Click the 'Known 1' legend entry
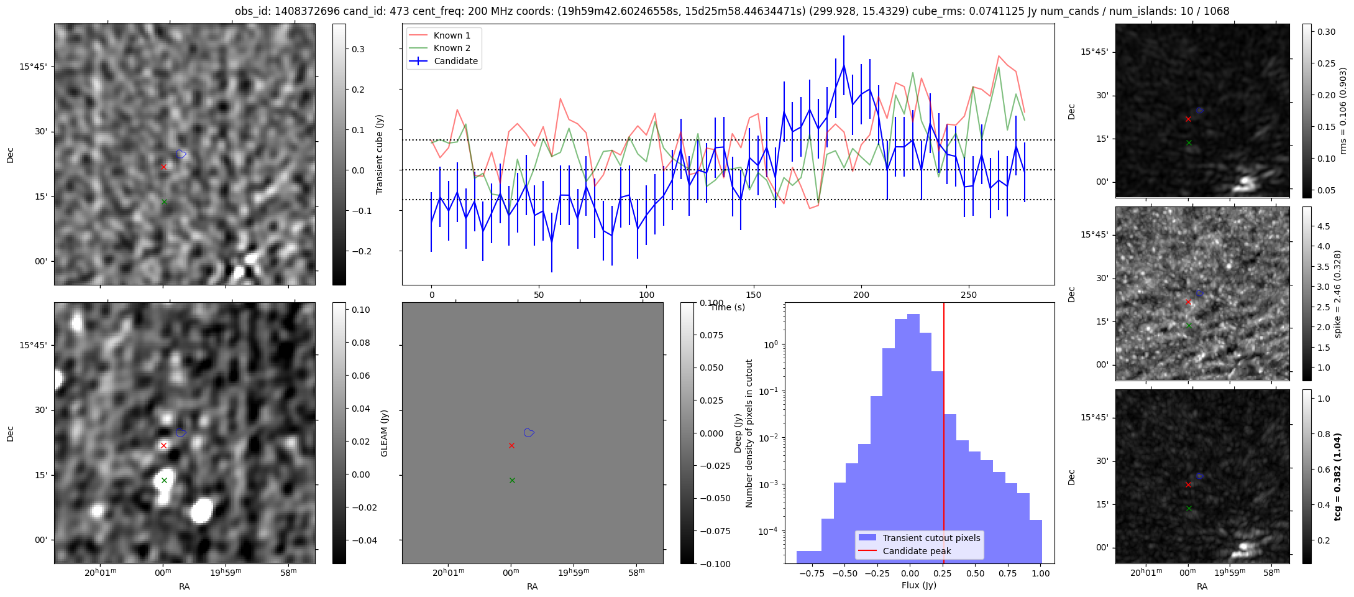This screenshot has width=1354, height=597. coord(452,35)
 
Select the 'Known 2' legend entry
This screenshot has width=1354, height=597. coord(452,48)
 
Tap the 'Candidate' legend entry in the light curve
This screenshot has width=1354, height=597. coord(455,61)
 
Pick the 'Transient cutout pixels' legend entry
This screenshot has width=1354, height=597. coord(931,538)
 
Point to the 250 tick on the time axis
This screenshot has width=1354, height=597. coord(969,295)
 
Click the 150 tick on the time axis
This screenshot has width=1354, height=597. coord(754,295)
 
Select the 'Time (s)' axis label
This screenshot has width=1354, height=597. coord(728,307)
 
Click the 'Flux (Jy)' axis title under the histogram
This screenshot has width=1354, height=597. coord(918,585)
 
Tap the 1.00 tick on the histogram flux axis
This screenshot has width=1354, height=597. coord(1040,573)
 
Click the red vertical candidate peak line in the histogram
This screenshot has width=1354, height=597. coord(944,435)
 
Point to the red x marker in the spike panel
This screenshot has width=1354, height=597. coord(1188,302)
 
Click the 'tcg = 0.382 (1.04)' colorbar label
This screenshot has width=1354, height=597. coord(1338,476)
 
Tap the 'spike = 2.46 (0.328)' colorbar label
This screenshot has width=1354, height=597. coord(1338,294)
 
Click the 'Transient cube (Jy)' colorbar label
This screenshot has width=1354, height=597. coord(380,154)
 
